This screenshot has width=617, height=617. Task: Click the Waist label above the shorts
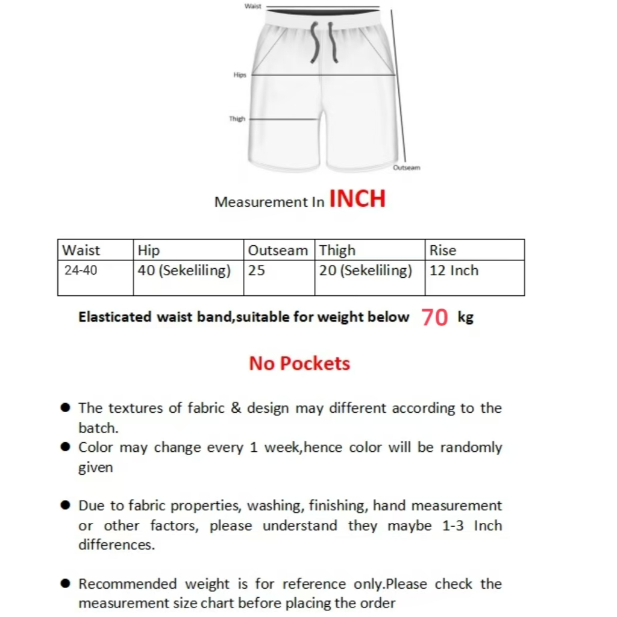click(253, 6)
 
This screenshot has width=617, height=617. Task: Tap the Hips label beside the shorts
click(240, 75)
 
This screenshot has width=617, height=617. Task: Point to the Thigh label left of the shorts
click(237, 119)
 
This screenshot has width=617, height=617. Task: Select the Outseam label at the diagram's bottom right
click(406, 168)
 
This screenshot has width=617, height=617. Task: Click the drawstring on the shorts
click(323, 42)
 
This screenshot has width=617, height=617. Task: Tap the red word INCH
click(357, 199)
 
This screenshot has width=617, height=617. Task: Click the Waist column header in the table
click(81, 250)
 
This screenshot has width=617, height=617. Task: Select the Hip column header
click(149, 250)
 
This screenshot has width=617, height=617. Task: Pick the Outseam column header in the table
click(278, 250)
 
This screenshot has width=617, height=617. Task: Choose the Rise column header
click(443, 250)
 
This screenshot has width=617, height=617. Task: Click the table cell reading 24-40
click(81, 271)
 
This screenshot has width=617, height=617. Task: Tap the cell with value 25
click(257, 271)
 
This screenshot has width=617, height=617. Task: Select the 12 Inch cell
click(454, 271)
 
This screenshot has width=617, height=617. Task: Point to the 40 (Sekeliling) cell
click(184, 271)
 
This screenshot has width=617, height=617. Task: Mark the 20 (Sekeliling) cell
click(366, 271)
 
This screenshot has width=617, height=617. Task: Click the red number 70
click(434, 317)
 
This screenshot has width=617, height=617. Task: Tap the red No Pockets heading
click(299, 363)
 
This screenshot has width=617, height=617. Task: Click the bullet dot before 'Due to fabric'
click(66, 506)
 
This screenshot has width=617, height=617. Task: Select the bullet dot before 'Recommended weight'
click(66, 584)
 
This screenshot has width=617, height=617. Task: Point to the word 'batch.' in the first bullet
click(98, 428)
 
